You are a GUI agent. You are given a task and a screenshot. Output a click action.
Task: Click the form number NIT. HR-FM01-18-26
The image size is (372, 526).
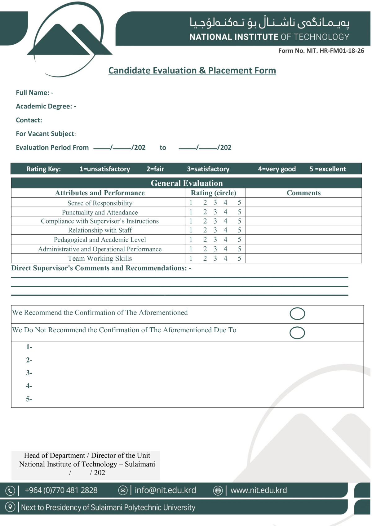point(321,51)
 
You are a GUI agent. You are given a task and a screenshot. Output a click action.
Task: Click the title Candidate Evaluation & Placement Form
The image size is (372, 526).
point(192,71)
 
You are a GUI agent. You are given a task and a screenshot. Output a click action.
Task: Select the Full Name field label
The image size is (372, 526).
point(34,93)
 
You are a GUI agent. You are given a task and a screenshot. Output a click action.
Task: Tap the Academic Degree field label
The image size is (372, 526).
point(46,106)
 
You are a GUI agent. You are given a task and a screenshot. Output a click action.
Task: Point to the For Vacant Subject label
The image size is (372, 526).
point(46,134)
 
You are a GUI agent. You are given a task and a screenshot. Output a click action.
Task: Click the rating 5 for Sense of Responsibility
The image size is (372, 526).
point(239,203)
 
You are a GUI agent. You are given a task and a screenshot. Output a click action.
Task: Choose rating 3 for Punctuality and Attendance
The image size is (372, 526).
point(215,212)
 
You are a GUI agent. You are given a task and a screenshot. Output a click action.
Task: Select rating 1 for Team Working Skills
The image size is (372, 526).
point(191,259)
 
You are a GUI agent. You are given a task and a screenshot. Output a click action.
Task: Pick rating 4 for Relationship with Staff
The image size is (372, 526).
point(225,230)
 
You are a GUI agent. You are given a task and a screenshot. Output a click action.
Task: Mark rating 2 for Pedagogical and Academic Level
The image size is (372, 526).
point(205,240)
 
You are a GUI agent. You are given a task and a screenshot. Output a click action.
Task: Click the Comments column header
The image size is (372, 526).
point(303,193)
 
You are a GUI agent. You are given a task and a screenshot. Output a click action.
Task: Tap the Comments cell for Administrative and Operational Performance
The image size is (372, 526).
point(303,249)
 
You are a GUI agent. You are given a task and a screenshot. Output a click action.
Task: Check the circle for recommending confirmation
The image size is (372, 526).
point(297,314)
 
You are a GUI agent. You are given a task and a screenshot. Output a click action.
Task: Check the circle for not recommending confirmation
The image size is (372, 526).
point(297,333)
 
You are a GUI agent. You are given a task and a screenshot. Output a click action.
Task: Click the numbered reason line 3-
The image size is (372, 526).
point(29,373)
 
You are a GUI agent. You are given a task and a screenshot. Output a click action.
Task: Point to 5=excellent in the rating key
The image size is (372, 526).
point(327,169)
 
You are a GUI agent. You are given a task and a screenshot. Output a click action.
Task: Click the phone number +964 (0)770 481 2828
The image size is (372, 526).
point(61,490)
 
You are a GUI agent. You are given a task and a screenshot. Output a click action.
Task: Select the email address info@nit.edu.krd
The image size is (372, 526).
point(165,490)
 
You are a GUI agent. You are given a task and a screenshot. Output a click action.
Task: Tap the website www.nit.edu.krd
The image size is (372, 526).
point(259,490)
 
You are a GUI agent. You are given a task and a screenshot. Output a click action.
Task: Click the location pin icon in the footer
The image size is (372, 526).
point(10,507)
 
